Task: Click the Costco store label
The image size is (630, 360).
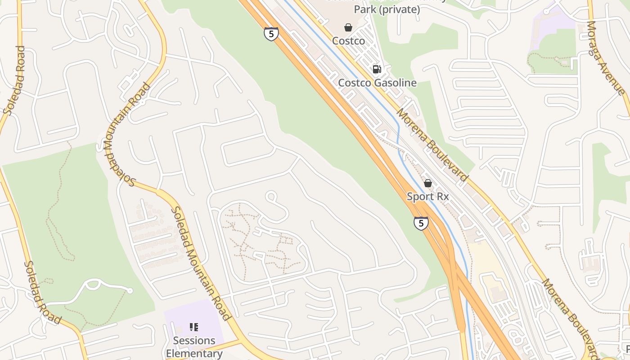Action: [x=348, y=41]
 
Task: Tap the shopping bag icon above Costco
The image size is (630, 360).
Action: [x=348, y=27]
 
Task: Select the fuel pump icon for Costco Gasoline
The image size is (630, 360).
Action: [x=377, y=69]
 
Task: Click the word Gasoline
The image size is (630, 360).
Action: [x=395, y=83]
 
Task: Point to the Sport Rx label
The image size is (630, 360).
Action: [x=427, y=197]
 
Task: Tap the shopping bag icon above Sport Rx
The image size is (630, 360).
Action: [x=427, y=183]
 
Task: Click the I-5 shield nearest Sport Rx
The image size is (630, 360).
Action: [x=421, y=223]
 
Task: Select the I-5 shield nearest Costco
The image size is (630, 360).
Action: [x=271, y=34]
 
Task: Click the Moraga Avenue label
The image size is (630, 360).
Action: [x=606, y=58]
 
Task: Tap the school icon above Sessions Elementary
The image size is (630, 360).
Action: [x=194, y=327]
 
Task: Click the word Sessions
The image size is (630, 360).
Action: [x=194, y=341]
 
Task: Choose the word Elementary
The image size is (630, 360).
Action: [x=194, y=353]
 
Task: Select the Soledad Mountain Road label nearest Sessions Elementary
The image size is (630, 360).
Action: [x=201, y=263]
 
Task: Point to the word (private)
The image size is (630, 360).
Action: [x=403, y=9]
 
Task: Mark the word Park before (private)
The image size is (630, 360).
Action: [x=364, y=9]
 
